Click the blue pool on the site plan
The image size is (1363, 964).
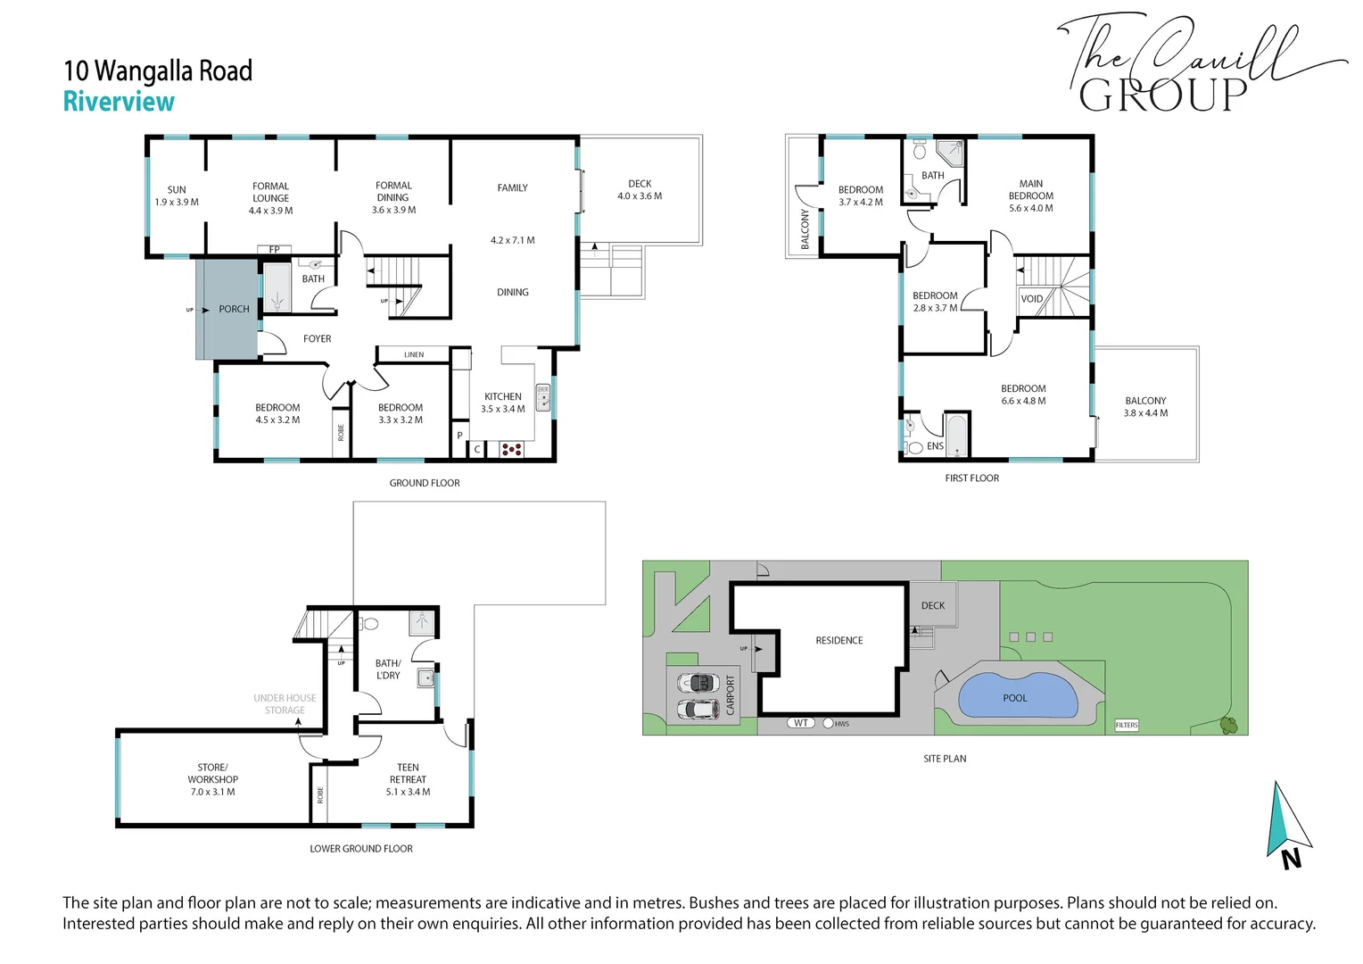pos(1018,695)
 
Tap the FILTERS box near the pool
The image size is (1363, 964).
pos(1127,725)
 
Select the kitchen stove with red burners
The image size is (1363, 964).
pos(511,449)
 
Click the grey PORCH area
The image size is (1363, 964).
pos(227,310)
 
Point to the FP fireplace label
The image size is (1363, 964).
pos(275,249)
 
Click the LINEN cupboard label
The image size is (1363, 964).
pos(414,354)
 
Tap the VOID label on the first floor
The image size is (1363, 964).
pos(1031,299)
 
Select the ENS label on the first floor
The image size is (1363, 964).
pos(935,445)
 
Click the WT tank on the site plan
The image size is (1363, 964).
pos(801,723)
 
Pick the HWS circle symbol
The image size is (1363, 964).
pos(828,724)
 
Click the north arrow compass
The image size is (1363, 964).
pos(1289,825)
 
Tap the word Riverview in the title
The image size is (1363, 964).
pos(119,101)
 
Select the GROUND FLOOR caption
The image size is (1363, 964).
pos(425,483)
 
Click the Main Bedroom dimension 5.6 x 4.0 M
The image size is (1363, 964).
pos(1031,208)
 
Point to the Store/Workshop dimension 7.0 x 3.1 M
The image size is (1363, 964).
pos(212,792)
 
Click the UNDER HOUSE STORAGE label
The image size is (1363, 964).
pos(285,704)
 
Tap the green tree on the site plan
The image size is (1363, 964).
pos(1228,725)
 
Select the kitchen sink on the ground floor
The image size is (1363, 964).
pos(542,397)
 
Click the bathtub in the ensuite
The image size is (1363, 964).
pos(957,436)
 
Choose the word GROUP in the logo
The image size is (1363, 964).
pos(1163,96)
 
